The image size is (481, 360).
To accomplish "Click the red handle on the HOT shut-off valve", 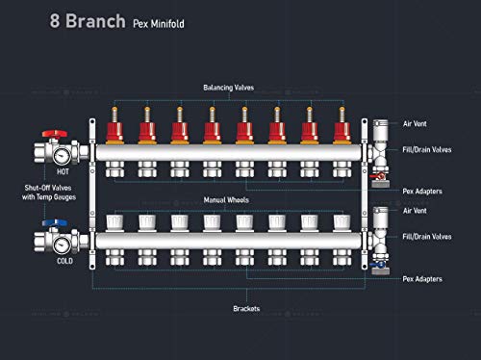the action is coord(55,134).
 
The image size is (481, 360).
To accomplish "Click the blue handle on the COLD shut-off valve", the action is coord(55,222).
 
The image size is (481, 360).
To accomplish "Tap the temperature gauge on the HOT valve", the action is coord(62,156).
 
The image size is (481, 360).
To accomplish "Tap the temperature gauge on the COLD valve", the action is coord(62,245).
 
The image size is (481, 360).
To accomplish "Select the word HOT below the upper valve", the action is coord(63,172).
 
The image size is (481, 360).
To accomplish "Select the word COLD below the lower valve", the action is coord(64,261).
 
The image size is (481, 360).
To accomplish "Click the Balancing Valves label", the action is coord(229,88).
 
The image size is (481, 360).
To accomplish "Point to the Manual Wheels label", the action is coord(226,200).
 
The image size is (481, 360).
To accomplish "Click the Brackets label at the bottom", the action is coord(246,309).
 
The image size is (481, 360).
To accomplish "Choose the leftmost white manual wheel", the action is coord(114,222).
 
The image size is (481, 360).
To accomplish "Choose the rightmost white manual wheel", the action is coord(342,222).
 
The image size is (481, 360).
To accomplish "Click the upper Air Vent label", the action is coord(415,124).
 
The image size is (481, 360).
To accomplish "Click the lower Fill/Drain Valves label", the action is coord(427,237).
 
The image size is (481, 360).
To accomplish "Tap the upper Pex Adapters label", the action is coord(422,192).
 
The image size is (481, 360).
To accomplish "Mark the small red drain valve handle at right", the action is coord(377,176).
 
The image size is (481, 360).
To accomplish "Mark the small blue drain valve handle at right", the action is coord(377,265).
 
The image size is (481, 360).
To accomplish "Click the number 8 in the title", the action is coord(55,21).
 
